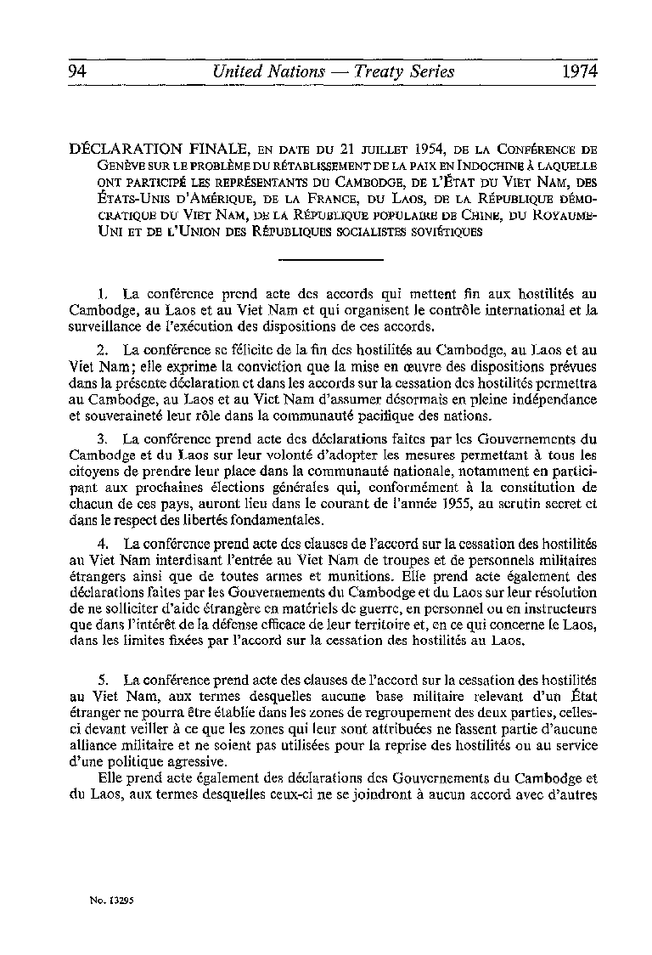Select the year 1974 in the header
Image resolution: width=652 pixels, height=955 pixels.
579,71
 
